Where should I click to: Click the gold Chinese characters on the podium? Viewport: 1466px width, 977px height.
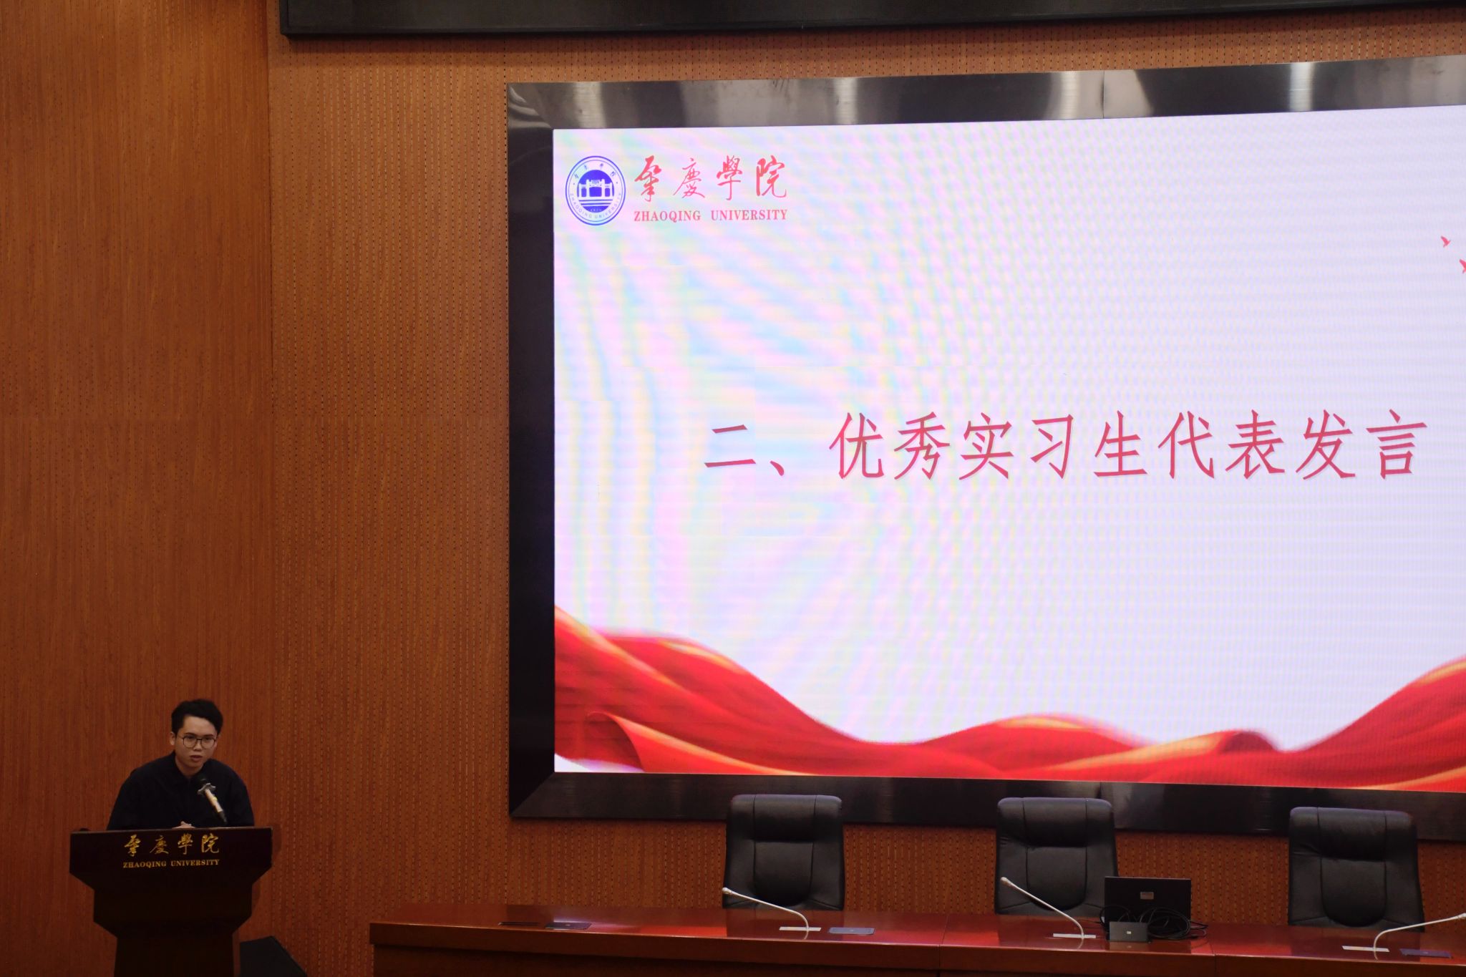point(171,845)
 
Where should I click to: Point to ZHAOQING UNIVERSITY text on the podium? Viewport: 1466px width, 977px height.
point(171,863)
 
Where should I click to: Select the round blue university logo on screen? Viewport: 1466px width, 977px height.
point(596,190)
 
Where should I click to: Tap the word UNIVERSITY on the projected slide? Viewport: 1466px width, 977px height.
point(749,215)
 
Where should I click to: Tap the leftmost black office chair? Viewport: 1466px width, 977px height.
point(785,851)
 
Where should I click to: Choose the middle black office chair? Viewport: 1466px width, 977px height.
point(1056,855)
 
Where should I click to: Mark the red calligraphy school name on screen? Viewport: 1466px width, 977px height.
point(709,178)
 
